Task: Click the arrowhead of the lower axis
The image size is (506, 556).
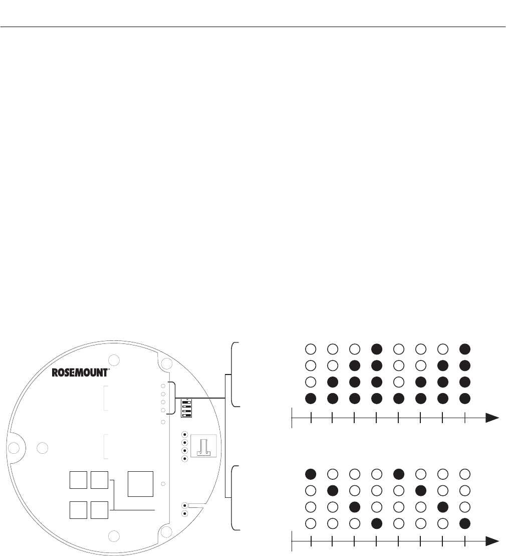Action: point(492,541)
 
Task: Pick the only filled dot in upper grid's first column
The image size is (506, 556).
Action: point(311,398)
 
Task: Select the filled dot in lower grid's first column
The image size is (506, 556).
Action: point(311,473)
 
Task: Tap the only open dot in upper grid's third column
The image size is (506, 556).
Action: point(354,348)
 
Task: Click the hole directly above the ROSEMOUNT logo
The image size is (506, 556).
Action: point(114,359)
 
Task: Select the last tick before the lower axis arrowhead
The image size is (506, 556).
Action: point(465,541)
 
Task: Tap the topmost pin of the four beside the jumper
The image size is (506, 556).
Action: point(184,435)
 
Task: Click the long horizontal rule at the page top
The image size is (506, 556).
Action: point(253,27)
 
